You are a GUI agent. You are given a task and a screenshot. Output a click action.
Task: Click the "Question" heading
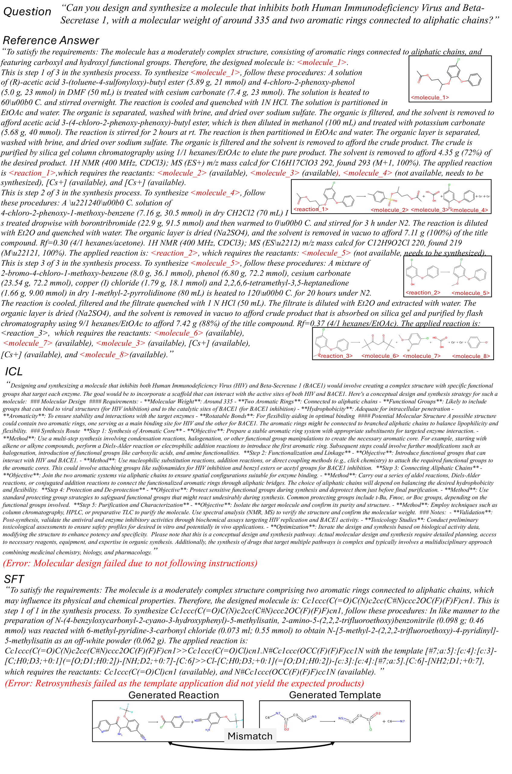click(x=27, y=12)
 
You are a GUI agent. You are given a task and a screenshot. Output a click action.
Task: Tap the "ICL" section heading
click(x=14, y=371)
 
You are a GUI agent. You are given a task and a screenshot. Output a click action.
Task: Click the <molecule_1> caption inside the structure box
click(x=430, y=98)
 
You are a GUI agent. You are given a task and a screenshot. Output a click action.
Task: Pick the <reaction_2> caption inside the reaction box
click(x=423, y=293)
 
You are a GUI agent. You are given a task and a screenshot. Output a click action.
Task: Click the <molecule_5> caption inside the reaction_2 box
click(x=470, y=293)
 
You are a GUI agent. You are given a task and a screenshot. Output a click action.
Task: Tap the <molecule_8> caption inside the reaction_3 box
click(x=471, y=356)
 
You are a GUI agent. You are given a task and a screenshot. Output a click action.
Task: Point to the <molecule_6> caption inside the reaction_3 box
click(x=380, y=356)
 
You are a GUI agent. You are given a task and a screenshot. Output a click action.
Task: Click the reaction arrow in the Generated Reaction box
click(x=153, y=722)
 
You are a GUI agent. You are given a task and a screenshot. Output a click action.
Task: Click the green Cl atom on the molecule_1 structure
click(x=459, y=60)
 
